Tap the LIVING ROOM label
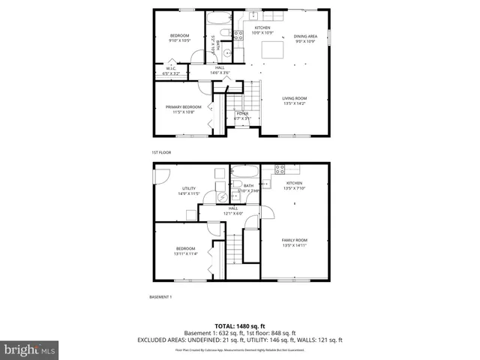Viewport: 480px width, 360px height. pos(295,100)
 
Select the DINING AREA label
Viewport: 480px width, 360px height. pos(305,38)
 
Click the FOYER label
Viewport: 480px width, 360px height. pos(241,115)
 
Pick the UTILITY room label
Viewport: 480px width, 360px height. pos(188,190)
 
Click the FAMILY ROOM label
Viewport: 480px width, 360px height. pos(295,242)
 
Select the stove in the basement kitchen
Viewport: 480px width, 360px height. pos(279,169)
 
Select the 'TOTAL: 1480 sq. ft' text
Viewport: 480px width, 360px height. pos(239,326)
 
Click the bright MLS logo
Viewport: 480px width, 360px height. pos(30,349)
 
